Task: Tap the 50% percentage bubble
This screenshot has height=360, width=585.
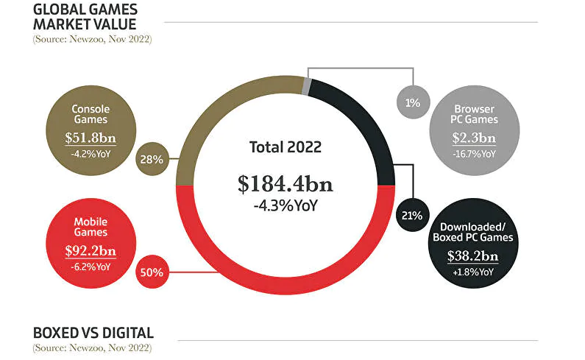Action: click(151, 272)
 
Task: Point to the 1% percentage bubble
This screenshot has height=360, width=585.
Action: click(412, 102)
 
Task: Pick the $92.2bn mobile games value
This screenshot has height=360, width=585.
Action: click(91, 251)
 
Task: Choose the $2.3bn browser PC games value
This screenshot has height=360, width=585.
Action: click(475, 138)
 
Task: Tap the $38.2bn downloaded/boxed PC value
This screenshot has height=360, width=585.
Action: click(475, 255)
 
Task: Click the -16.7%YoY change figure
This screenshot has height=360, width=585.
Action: click(475, 154)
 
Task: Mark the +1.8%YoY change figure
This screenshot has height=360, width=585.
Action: click(475, 272)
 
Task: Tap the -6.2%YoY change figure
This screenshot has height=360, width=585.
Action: click(91, 267)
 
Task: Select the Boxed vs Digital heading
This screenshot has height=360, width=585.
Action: click(93, 332)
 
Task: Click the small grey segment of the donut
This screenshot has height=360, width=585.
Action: click(306, 85)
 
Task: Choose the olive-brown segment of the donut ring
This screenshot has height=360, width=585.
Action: click(213, 118)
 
